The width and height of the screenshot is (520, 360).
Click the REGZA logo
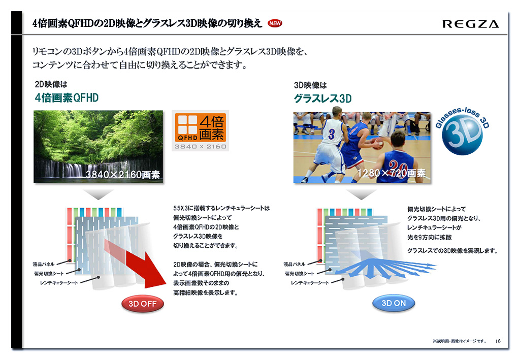471,24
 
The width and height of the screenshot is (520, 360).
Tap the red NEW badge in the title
275,23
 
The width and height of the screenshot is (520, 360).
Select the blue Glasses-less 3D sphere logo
462,131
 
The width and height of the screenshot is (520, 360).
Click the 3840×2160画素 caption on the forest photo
123,174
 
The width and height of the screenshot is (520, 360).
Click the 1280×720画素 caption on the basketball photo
392,173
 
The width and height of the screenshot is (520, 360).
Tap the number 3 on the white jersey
331,134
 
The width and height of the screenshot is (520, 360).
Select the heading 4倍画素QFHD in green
67,98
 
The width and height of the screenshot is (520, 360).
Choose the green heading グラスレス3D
322,99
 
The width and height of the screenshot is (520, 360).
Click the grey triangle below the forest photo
98,194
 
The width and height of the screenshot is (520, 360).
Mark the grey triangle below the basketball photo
361,194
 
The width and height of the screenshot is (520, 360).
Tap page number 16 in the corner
498,341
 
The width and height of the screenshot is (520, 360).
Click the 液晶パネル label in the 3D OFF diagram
44,264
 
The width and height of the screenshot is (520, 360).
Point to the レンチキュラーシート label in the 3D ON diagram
310,283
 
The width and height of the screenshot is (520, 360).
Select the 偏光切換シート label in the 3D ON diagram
300,274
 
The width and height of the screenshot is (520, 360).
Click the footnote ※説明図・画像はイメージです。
459,341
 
